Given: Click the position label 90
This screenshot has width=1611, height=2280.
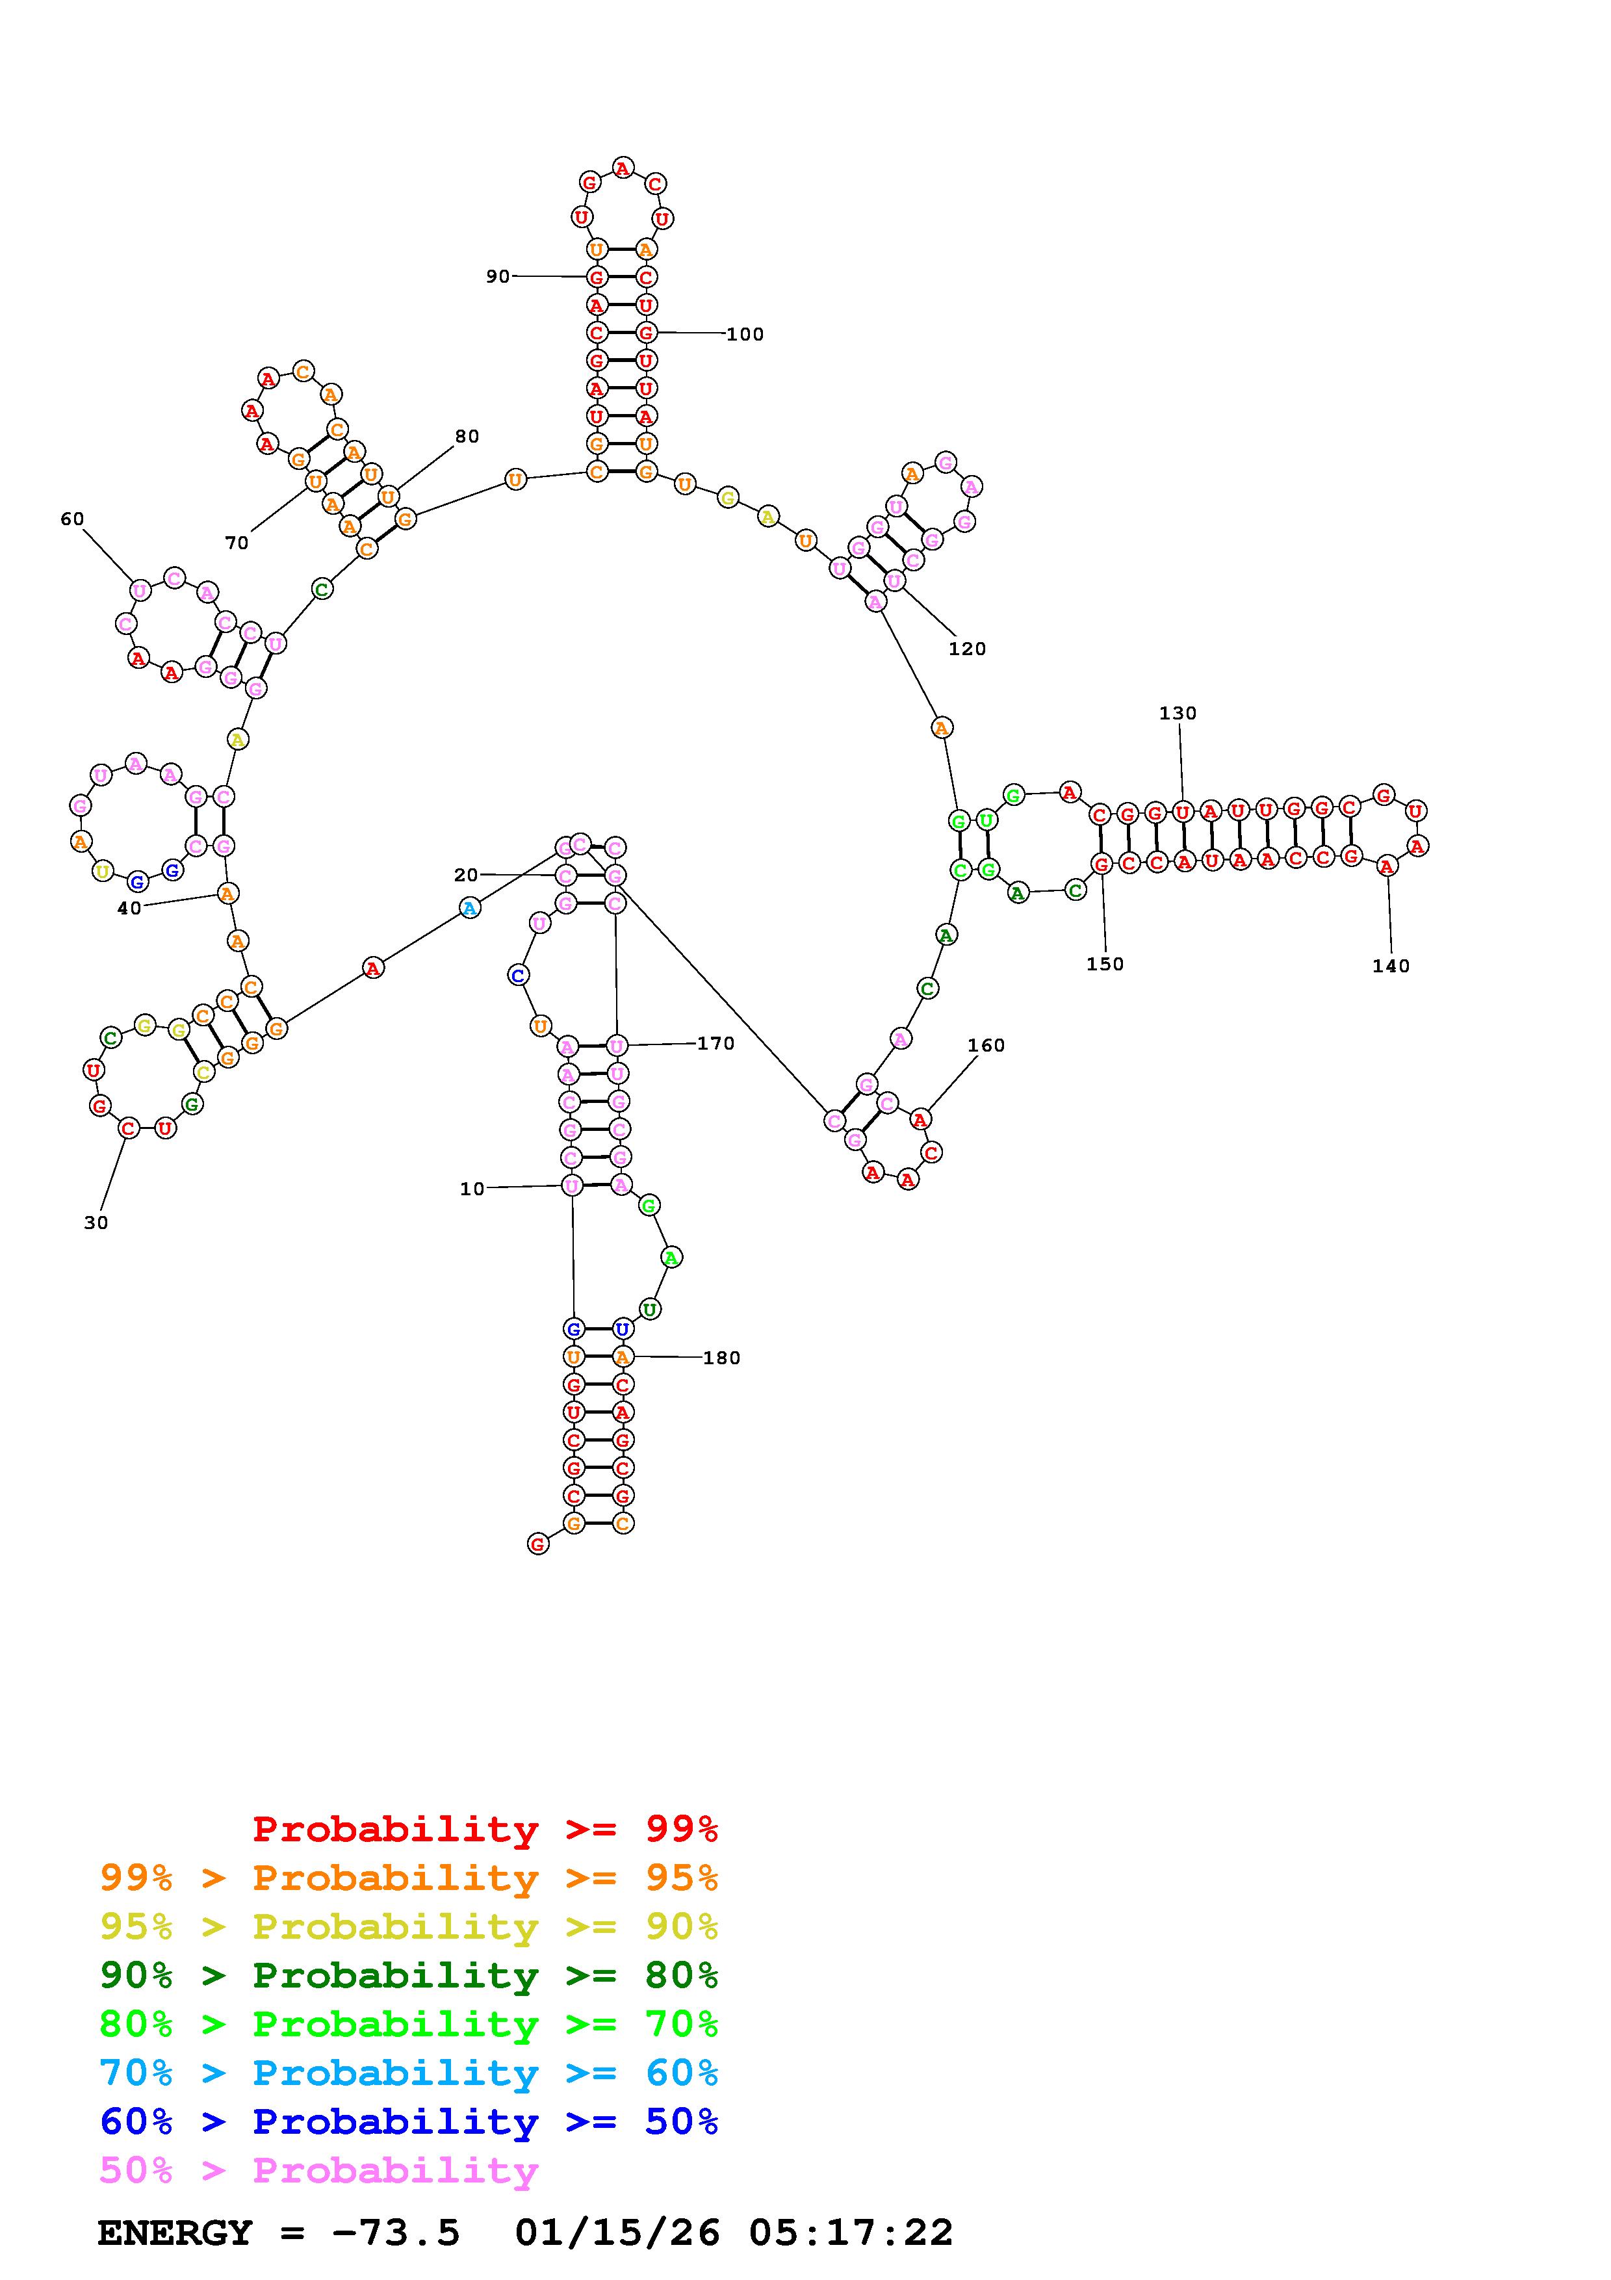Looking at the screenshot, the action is coord(497,276).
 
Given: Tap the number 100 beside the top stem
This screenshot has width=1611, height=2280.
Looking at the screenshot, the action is coord(745,335).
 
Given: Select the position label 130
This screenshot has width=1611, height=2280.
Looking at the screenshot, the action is coord(1178,713).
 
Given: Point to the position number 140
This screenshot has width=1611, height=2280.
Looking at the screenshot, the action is coord(1391,966).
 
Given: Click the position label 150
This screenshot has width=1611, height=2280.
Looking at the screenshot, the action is coord(1105,965).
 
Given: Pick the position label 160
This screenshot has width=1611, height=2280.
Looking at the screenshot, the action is coord(986,1046).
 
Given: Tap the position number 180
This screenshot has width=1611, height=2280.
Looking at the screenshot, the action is coord(721,1358).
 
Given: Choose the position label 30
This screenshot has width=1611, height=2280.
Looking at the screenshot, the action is coord(96,1223).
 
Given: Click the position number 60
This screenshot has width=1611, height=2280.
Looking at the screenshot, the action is coord(73,519).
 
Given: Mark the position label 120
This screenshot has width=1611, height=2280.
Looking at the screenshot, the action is coord(967,649).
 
